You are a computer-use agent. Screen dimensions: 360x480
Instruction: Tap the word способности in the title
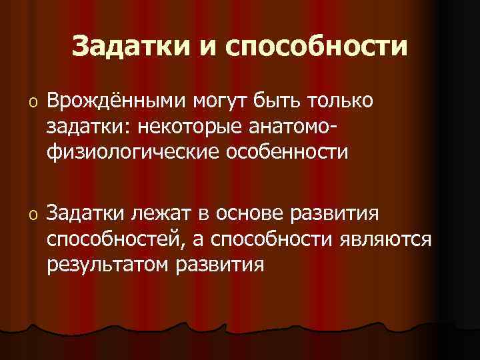[317, 46]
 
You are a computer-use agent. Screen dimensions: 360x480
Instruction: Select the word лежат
[161, 215]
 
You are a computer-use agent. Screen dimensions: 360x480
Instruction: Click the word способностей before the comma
[122, 240]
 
